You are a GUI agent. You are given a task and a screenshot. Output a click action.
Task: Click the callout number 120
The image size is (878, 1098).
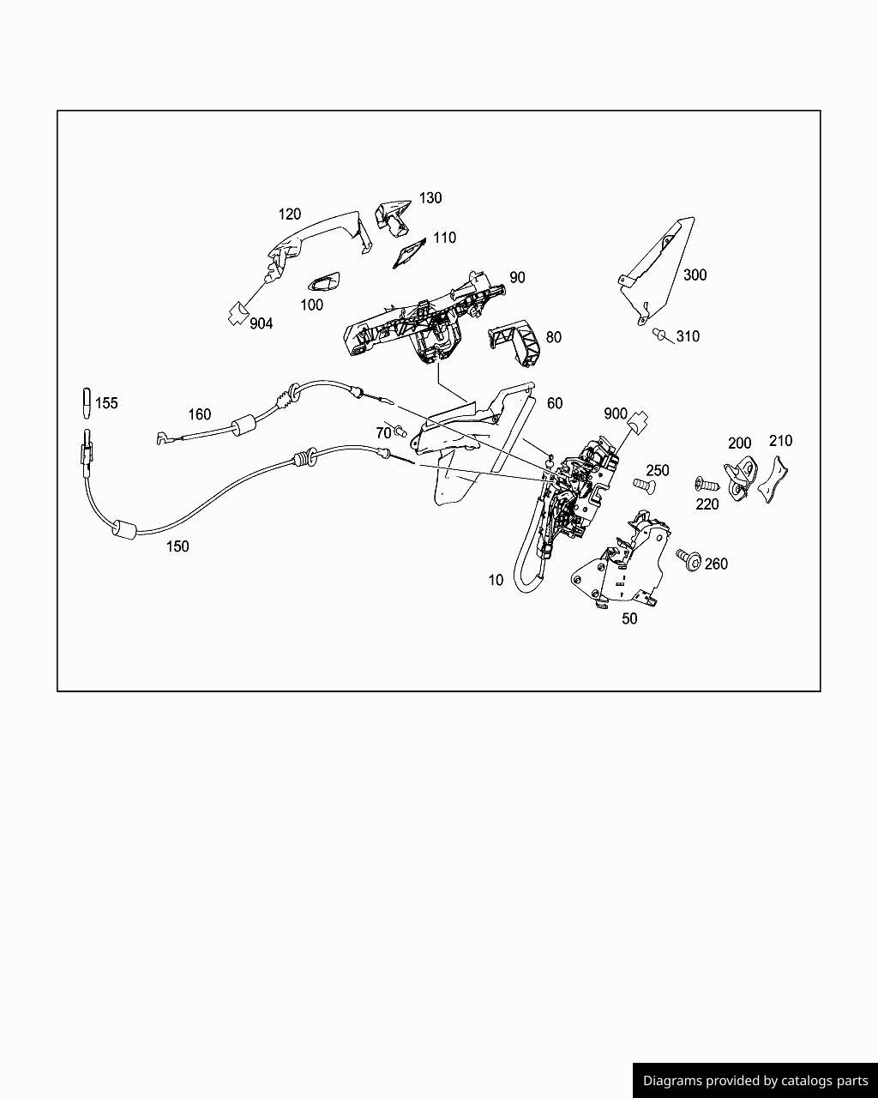(289, 214)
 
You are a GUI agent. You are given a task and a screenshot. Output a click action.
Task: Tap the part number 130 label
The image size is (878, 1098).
(430, 198)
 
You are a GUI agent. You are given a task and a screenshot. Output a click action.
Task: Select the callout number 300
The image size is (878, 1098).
(695, 275)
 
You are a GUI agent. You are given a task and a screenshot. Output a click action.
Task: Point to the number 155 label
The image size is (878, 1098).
(106, 403)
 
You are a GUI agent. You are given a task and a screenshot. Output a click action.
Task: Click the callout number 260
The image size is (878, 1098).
(716, 564)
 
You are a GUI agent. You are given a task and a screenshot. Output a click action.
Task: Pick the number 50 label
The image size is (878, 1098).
(629, 618)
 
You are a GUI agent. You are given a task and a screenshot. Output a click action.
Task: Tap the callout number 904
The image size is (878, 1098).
(262, 323)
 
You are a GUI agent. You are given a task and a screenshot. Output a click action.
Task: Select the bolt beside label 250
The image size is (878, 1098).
(644, 485)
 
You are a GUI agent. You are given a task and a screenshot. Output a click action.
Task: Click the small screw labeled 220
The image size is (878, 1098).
(706, 484)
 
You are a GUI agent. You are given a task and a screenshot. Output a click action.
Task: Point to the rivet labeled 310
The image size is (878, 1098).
(660, 335)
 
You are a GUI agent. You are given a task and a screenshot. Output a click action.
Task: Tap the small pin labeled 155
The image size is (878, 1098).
(87, 403)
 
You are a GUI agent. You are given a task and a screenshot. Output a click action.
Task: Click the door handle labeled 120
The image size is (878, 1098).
(316, 240)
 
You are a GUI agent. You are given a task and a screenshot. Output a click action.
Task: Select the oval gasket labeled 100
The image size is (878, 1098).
(324, 282)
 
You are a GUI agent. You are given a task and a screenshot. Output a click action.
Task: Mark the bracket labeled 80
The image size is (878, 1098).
(516, 341)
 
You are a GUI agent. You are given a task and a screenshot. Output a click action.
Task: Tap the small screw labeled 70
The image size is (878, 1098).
(400, 431)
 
